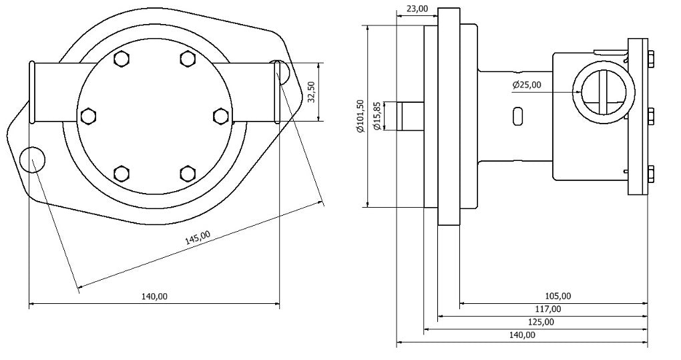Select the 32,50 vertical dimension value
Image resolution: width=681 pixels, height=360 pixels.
click(311, 92)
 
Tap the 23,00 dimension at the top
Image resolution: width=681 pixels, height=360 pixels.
click(417, 9)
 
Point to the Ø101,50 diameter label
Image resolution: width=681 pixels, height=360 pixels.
click(360, 116)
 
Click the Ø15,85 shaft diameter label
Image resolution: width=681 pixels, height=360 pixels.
click(378, 116)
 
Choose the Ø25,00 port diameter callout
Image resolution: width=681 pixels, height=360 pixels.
click(527, 85)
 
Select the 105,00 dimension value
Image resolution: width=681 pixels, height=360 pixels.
click(557, 296)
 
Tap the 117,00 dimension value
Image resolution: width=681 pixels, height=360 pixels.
click(547, 309)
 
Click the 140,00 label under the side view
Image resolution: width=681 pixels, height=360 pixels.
click(521, 335)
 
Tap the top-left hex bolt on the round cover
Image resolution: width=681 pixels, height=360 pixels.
click(121, 59)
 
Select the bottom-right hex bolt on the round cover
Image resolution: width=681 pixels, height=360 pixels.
click(187, 174)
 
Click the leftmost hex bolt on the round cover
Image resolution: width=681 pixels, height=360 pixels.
click(87, 116)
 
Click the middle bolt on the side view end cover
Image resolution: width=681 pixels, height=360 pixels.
click(649, 116)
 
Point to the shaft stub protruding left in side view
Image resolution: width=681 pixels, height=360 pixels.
click(410, 116)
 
